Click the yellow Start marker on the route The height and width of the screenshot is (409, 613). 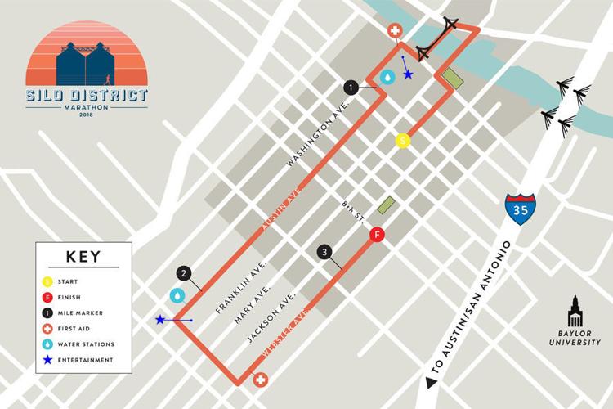pos(402,141)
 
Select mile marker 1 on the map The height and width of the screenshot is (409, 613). pos(351,87)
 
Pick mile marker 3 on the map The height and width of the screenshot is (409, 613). pos(325,252)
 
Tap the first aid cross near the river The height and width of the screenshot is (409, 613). pos(394,31)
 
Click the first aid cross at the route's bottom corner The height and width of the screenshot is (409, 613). pos(261,380)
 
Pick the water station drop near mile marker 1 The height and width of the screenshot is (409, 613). pos(387,77)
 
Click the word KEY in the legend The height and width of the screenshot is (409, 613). pos(83,256)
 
